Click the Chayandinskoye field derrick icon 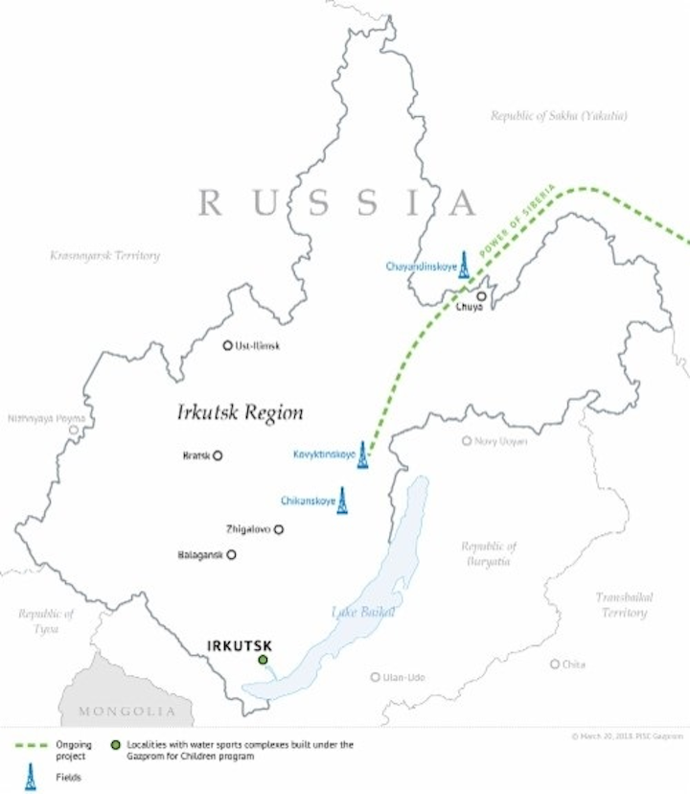pyautogui.click(x=464, y=265)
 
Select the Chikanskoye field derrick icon pyautogui.click(x=342, y=501)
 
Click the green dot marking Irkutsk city pyautogui.click(x=263, y=660)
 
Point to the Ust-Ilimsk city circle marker pyautogui.click(x=227, y=345)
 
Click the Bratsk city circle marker pyautogui.click(x=218, y=455)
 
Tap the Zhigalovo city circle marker pyautogui.click(x=279, y=528)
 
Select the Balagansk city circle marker pyautogui.click(x=231, y=554)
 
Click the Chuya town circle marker pyautogui.click(x=481, y=296)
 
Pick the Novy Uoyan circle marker pyautogui.click(x=467, y=441)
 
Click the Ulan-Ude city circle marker pyautogui.click(x=376, y=677)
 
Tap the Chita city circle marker pyautogui.click(x=555, y=664)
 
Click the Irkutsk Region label pyautogui.click(x=240, y=413)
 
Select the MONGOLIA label pyautogui.click(x=127, y=712)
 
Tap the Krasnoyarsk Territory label pyautogui.click(x=104, y=256)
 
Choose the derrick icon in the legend pyautogui.click(x=30, y=777)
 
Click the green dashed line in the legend pyautogui.click(x=34, y=744)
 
